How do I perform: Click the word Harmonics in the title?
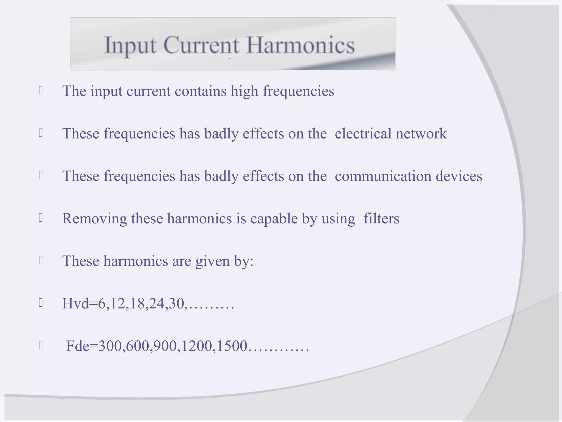pos(300,45)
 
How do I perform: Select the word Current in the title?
pos(201,45)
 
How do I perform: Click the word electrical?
pos(363,134)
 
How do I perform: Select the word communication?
pos(383,176)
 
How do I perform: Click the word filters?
pos(381,219)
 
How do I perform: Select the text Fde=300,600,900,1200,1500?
pos(157,346)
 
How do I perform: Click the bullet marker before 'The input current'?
pos(41,91)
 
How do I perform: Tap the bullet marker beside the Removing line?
pos(41,218)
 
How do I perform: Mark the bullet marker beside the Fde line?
pos(41,345)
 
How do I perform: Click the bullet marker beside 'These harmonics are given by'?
pos(41,260)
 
